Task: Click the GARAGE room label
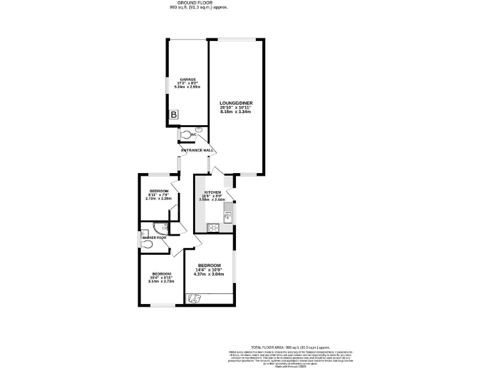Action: [187, 79]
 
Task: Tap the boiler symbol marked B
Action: [173, 115]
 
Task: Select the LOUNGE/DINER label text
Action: [235, 102]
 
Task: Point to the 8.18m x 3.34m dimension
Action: [235, 112]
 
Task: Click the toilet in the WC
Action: [187, 135]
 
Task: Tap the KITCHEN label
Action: [212, 192]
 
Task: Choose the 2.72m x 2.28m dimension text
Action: [159, 199]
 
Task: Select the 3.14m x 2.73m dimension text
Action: [161, 280]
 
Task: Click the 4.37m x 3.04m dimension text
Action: [208, 275]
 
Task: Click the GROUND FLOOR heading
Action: [199, 3]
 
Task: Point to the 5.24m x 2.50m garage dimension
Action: [187, 87]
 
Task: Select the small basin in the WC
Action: [198, 130]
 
